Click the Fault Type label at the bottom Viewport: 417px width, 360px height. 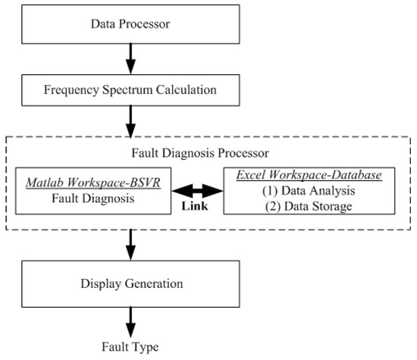pos(130,347)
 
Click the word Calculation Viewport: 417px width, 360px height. pos(188,90)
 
